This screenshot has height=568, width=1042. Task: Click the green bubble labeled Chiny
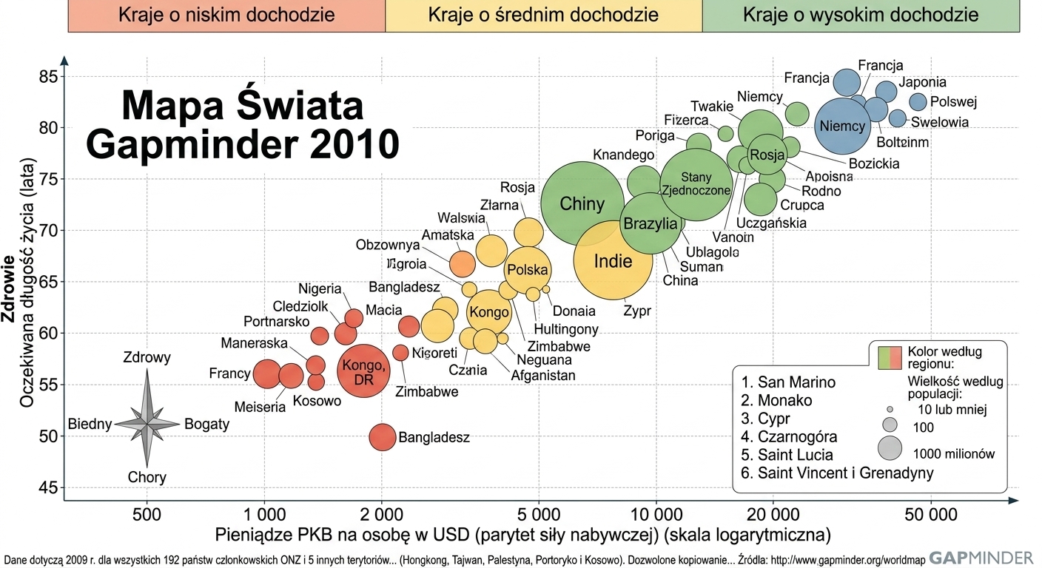pos(582,203)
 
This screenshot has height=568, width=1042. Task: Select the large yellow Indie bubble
pos(613,260)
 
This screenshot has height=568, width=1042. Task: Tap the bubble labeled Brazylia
pos(651,223)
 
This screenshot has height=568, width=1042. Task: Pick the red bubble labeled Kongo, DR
pos(364,371)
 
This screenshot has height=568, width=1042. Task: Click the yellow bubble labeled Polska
pos(528,270)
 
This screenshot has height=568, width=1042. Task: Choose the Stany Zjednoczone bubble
pos(696,184)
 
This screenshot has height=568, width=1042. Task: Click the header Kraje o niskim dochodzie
pos(226,15)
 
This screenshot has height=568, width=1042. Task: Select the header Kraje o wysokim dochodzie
pos(861,15)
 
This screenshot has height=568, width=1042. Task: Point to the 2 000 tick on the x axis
pos(381,515)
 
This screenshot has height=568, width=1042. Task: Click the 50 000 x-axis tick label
pos(931,515)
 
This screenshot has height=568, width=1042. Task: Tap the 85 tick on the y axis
pos(48,77)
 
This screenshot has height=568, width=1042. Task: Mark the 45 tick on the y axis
pos(48,488)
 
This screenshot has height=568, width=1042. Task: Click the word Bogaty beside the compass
pos(207,424)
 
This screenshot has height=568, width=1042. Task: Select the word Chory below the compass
pos(147,477)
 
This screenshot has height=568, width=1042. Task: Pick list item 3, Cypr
pos(765,419)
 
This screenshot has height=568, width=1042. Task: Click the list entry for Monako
pos(776,400)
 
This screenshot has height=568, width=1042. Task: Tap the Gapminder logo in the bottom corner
pos(981,558)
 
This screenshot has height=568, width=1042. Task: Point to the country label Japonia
pos(922,82)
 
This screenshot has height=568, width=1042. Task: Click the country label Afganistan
pos(543,375)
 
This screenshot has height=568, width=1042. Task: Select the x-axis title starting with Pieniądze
pos(522,535)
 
